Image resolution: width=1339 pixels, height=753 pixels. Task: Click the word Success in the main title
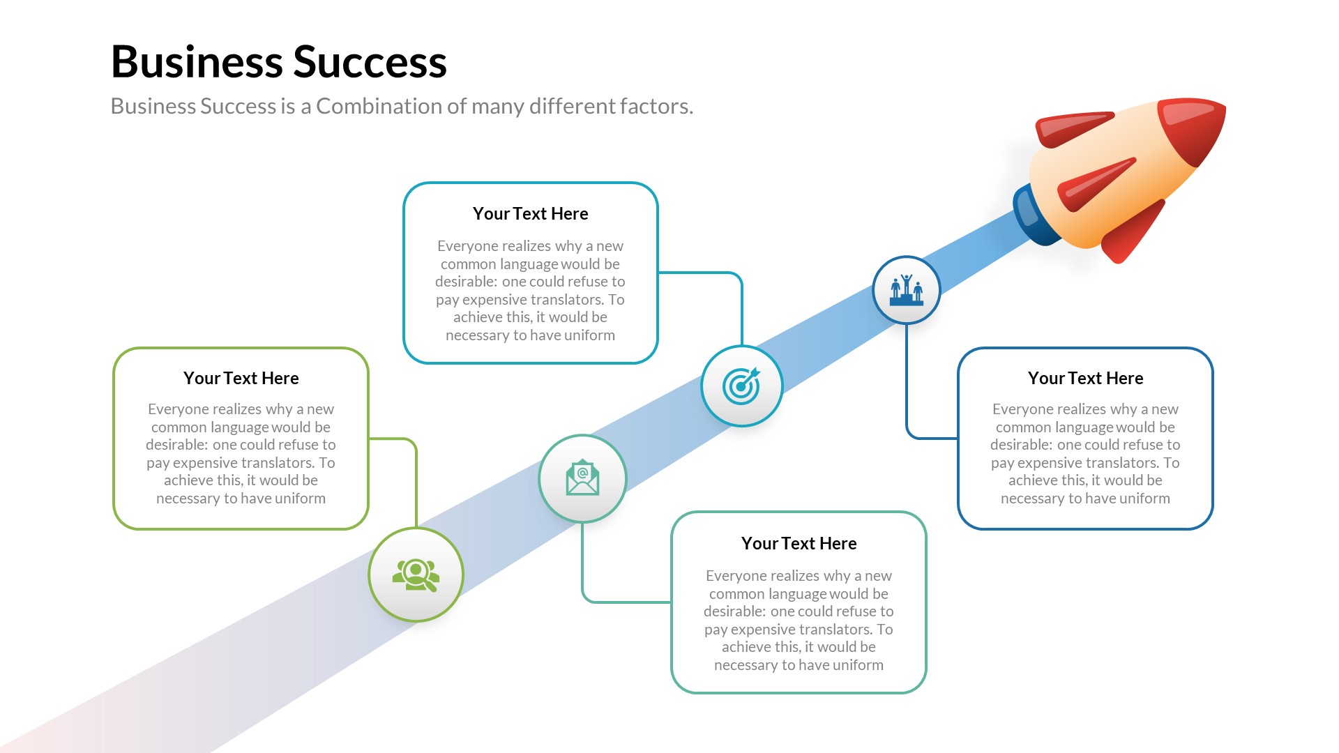click(370, 63)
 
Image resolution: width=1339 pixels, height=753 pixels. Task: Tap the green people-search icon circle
click(416, 575)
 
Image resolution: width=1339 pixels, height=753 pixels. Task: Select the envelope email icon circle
click(582, 478)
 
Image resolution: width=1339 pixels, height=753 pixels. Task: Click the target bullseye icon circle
click(741, 386)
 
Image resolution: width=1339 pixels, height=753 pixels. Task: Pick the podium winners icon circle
click(906, 290)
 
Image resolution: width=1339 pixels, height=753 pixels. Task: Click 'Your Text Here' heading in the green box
click(241, 379)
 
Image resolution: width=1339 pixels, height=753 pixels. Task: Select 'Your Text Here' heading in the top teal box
click(530, 214)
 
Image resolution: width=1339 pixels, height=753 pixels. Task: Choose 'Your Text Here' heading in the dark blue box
click(1085, 379)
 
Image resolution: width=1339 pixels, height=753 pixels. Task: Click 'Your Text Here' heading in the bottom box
click(799, 544)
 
